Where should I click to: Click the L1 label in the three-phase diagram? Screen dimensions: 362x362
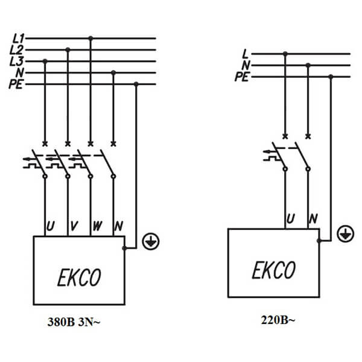tap(18, 39)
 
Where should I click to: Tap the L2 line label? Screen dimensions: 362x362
tap(16, 50)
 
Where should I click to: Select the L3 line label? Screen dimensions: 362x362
tap(16, 61)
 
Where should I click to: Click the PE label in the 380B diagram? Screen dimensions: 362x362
tap(16, 84)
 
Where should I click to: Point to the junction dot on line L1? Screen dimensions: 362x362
tap(91, 38)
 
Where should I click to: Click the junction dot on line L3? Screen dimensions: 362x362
tap(45, 61)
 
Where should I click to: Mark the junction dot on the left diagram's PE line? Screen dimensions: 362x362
tap(136, 84)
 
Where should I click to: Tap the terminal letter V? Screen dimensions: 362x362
tap(74, 226)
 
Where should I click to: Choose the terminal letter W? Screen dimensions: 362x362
tap(97, 226)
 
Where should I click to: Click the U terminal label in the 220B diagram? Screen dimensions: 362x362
tap(290, 218)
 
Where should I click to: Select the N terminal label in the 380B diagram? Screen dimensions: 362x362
tap(119, 226)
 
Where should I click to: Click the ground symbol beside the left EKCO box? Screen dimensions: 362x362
tap(151, 241)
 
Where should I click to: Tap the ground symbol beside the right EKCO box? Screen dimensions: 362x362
tap(345, 234)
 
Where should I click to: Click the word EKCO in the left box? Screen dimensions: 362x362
tap(79, 278)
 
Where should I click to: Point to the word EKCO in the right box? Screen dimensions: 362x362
tap(274, 270)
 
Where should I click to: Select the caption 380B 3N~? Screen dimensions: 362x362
tap(74, 322)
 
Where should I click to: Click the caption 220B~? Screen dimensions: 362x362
tap(278, 320)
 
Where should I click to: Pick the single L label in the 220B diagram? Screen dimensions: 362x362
tap(245, 54)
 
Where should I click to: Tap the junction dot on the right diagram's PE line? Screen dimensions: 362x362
tap(331, 77)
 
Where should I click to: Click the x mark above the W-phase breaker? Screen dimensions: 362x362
tap(91, 144)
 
